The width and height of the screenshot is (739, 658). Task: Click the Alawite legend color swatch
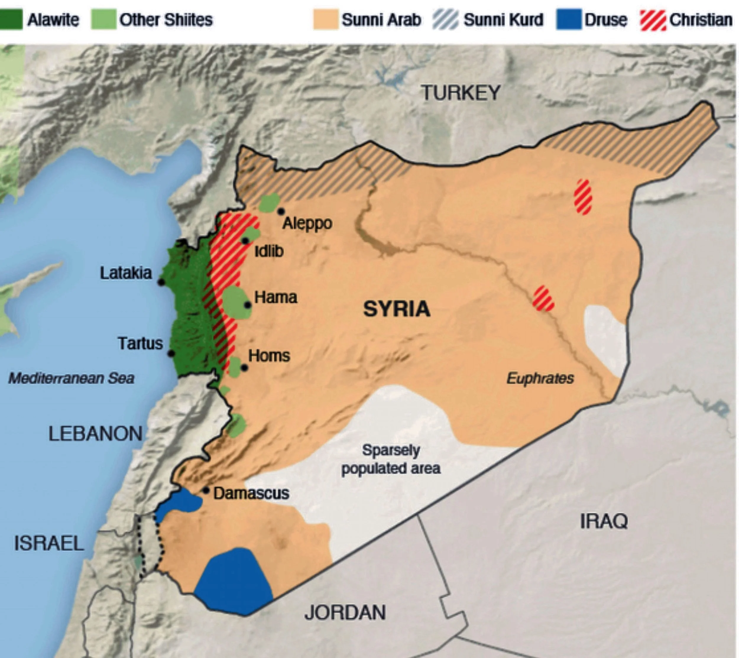[x=11, y=20]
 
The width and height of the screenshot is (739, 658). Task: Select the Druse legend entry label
[x=606, y=20]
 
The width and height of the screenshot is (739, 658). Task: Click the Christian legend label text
[x=701, y=20]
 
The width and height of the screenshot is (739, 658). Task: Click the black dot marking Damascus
[x=206, y=491]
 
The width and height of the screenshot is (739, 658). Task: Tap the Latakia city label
[x=126, y=273]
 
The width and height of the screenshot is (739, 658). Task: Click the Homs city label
[x=269, y=356]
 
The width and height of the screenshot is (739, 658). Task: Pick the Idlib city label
[x=269, y=251]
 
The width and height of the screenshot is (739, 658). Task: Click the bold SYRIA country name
[x=397, y=309]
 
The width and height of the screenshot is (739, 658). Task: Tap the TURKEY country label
[x=461, y=93]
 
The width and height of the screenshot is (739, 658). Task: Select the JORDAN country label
[x=345, y=612]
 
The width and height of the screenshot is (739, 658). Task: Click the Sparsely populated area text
[x=391, y=459]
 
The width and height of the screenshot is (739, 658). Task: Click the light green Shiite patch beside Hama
[x=236, y=303]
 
